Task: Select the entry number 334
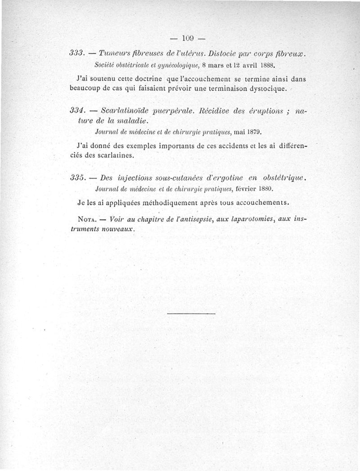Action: [x=78, y=110]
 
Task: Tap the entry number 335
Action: [x=78, y=178]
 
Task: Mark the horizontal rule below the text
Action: [x=191, y=313]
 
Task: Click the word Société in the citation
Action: [x=108, y=64]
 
